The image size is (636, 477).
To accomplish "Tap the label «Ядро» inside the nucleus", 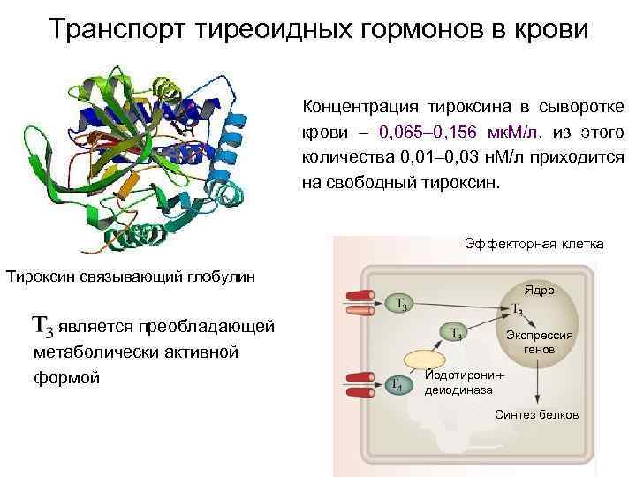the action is click(538, 290).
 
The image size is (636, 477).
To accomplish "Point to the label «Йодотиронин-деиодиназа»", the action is click(466, 382).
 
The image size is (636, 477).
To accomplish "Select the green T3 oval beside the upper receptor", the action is click(400, 305).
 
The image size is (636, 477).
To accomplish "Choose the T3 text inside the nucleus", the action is click(519, 311).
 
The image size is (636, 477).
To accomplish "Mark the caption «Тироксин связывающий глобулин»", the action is click(131, 276).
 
